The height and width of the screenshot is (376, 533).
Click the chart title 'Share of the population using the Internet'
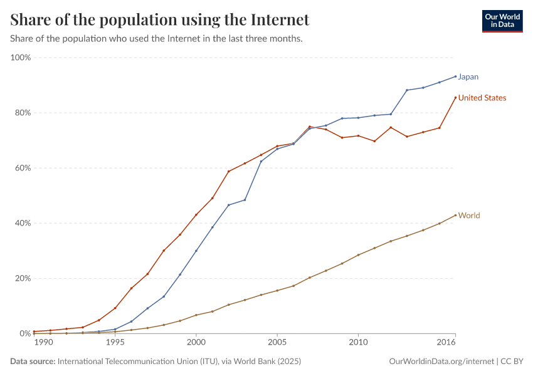pyautogui.click(x=160, y=19)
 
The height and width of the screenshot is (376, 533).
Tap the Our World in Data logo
pyautogui.click(x=502, y=21)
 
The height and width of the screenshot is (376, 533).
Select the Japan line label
pyautogui.click(x=468, y=77)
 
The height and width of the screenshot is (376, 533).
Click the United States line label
pyautogui.click(x=482, y=98)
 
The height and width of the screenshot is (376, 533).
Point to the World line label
pyautogui.click(x=469, y=216)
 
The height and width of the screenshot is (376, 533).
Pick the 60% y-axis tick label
pyautogui.click(x=23, y=168)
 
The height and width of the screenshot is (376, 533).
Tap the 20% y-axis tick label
pyautogui.click(x=23, y=278)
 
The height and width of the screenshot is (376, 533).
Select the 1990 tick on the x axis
pyautogui.click(x=43, y=343)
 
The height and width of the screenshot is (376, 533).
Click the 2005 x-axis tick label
pyautogui.click(x=277, y=343)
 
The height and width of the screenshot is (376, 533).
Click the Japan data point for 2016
pyautogui.click(x=455, y=76)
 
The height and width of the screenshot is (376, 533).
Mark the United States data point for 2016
pyautogui.click(x=455, y=98)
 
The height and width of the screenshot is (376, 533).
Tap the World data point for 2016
pyautogui.click(x=455, y=216)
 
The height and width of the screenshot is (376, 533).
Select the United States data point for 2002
pyautogui.click(x=228, y=172)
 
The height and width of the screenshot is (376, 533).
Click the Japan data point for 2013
pyautogui.click(x=407, y=90)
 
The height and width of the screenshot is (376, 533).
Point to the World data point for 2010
pyautogui.click(x=358, y=255)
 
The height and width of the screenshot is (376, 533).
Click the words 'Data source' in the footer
pyautogui.click(x=33, y=362)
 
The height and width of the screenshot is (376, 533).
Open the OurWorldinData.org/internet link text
pyautogui.click(x=441, y=362)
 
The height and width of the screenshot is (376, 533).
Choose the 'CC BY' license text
pyautogui.click(x=512, y=362)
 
